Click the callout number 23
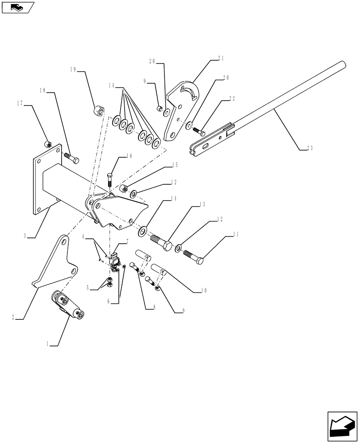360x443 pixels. pyautogui.click(x=309, y=148)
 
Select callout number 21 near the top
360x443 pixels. pyautogui.click(x=220, y=58)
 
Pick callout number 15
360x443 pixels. pyautogui.click(x=175, y=165)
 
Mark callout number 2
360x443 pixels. pyautogui.click(x=16, y=317)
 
